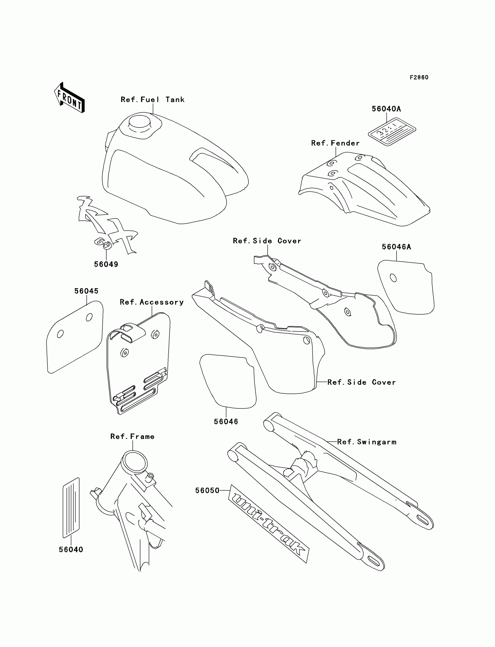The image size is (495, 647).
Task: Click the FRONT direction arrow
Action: pos(69,98)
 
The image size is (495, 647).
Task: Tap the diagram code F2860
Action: pos(419,77)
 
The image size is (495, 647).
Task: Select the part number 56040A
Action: pos(386,109)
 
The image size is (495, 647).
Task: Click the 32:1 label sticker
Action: pos(392,132)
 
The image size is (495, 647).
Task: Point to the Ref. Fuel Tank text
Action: pos(152,100)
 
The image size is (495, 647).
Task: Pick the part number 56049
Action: pos(106,265)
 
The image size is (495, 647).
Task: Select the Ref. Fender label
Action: pos(335,143)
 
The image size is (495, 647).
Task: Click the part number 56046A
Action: pos(396,247)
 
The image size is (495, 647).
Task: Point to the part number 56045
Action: pos(86,291)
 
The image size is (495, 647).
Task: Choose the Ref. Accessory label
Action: pos(152,302)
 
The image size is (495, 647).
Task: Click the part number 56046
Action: pos(226,422)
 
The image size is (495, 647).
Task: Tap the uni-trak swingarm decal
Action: pos(269,524)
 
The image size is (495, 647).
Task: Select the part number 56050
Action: pos(207,491)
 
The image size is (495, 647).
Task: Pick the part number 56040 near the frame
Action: pos(71,549)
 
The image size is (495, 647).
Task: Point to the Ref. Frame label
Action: pos(132,437)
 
